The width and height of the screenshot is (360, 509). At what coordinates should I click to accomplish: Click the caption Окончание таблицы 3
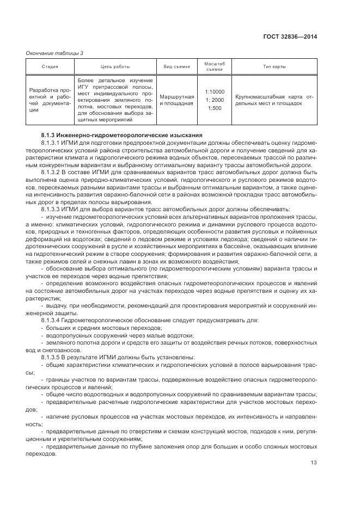pos(55,53)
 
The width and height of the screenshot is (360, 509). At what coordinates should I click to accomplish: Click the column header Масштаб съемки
pos(214,66)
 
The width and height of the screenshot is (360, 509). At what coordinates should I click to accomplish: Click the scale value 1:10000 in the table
pos(214,91)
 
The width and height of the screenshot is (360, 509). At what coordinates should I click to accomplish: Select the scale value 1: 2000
pos(214,100)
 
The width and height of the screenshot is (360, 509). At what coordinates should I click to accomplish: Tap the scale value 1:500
pos(214,108)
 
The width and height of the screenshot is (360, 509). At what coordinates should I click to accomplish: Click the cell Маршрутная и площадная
pos(176,100)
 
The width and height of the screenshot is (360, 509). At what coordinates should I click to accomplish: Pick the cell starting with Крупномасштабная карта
pos(274,100)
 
